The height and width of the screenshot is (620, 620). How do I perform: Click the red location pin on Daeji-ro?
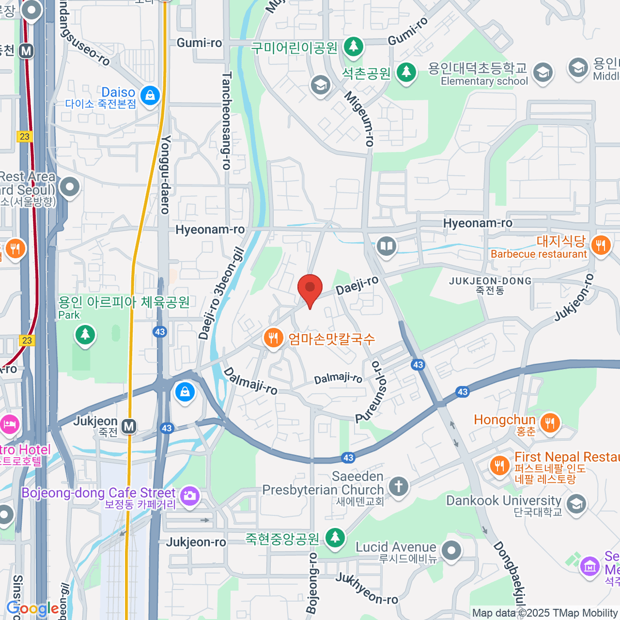(x=310, y=288)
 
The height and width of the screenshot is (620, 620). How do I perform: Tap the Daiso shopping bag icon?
(x=150, y=96)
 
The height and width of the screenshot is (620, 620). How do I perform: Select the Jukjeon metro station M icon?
(x=129, y=427)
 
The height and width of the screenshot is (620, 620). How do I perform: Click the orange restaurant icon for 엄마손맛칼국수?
(x=273, y=338)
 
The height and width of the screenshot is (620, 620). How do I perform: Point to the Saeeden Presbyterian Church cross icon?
(x=398, y=486)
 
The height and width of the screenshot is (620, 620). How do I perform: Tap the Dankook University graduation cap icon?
(x=576, y=504)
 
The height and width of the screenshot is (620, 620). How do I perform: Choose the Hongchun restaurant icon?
(x=550, y=423)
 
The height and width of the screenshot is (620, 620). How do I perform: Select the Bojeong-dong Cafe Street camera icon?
(x=190, y=495)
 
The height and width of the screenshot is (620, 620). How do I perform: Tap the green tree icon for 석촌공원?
(x=406, y=72)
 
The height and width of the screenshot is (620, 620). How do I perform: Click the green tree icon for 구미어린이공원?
(x=353, y=47)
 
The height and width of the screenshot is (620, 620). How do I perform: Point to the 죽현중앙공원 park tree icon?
(x=335, y=538)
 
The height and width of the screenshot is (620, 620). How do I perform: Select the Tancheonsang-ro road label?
(x=226, y=121)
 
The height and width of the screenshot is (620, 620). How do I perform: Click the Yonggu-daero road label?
(x=165, y=175)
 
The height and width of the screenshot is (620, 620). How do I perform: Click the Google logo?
(x=32, y=609)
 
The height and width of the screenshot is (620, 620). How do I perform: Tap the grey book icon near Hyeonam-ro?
(x=386, y=246)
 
